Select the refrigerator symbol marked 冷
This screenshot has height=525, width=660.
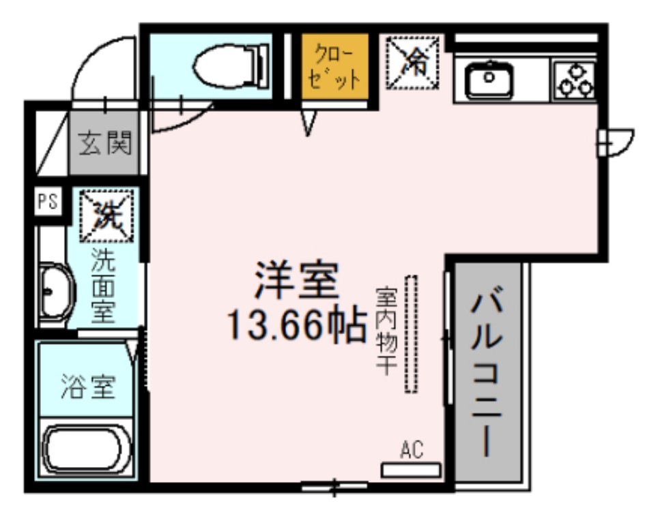tap(413, 63)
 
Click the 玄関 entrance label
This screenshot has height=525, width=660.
tap(104, 144)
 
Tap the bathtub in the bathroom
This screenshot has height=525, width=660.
tap(86, 450)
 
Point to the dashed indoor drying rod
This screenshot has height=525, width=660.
tap(411, 333)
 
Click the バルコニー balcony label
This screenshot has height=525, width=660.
tap(487, 372)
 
